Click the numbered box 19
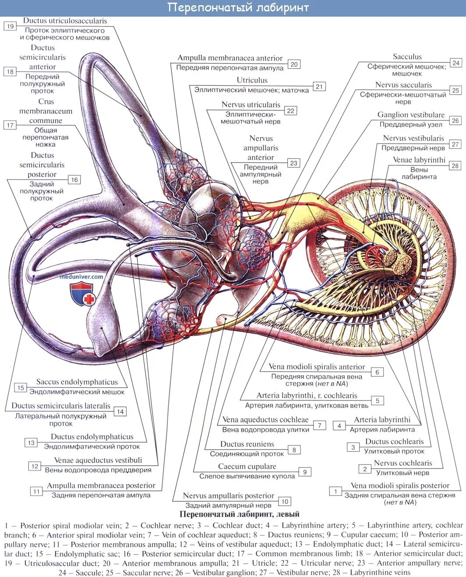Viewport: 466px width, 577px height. (x=10, y=26)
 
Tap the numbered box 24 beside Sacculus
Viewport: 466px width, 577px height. (x=456, y=63)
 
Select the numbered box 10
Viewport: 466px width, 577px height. (x=285, y=502)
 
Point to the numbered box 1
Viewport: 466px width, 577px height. (x=335, y=491)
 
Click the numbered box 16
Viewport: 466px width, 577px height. (x=74, y=180)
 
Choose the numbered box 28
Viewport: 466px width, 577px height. (x=455, y=166)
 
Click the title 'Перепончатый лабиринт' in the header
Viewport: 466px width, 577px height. (x=238, y=8)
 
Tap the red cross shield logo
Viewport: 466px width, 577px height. (x=82, y=294)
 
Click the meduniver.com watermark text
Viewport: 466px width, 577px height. (x=82, y=276)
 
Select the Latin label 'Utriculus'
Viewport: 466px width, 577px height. (x=252, y=80)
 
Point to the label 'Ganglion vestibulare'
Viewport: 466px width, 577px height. (x=411, y=115)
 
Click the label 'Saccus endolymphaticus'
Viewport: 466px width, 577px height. (x=77, y=382)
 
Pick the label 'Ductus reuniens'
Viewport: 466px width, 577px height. (x=247, y=444)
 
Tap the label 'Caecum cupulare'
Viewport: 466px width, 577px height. (x=247, y=467)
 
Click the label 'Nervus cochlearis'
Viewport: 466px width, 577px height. (x=402, y=463)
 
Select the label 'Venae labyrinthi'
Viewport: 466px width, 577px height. (x=419, y=160)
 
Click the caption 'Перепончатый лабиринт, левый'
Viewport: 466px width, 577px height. (x=239, y=514)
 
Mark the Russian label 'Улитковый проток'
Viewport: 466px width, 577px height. (x=394, y=451)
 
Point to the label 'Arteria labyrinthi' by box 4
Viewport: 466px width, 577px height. (x=382, y=420)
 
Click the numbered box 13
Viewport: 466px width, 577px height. (x=31, y=442)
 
